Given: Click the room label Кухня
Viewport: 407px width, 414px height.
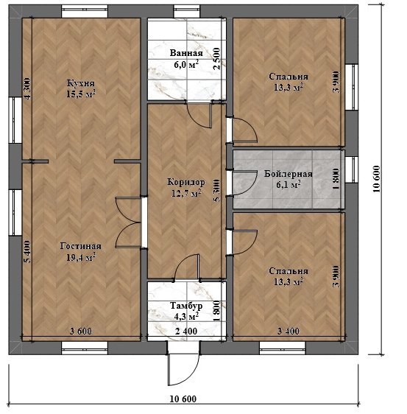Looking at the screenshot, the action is coord(80,83).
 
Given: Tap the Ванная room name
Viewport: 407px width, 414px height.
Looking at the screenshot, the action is coord(186,53).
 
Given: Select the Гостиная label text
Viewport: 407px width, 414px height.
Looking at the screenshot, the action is coord(80,246).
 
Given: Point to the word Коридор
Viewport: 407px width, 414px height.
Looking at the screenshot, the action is coord(186,182).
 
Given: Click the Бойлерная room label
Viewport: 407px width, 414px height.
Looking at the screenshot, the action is coord(289,174).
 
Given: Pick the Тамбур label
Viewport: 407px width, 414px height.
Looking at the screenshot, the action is coord(186,306).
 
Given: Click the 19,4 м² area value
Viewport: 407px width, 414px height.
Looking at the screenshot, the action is coord(80,257).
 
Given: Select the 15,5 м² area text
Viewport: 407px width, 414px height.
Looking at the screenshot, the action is coord(80,94).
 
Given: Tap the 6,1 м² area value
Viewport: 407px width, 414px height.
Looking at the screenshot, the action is coord(289,185).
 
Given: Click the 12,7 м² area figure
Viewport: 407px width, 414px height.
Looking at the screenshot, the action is coord(186,193).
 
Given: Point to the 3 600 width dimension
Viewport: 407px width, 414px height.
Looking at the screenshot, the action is coord(81,331).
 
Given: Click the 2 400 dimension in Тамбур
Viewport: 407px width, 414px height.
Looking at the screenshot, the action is coord(186,331).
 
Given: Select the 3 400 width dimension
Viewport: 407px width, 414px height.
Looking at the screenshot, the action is coord(289,331).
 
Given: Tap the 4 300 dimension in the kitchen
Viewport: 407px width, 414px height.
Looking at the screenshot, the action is coord(27,88).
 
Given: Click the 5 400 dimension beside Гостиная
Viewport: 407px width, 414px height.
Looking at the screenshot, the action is coord(27,252).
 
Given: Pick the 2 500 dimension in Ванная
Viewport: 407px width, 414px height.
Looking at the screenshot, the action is coord(216,58).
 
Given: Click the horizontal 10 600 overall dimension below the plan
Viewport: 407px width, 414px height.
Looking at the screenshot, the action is coord(183,399).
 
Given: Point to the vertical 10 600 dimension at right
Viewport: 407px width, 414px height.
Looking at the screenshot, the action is coord(377,179).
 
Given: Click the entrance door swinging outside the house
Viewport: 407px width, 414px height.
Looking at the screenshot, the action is coord(183,369).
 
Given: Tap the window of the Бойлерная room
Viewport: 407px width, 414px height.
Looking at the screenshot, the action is coord(352,169).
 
